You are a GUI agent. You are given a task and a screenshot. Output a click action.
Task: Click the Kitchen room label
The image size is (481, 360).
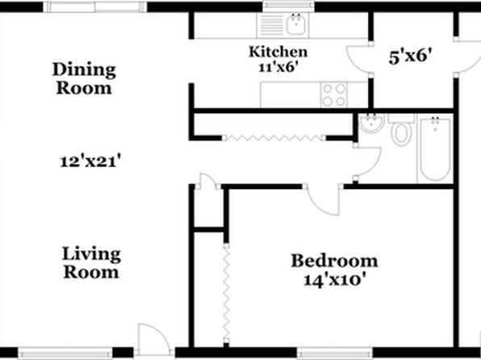pos(278,52)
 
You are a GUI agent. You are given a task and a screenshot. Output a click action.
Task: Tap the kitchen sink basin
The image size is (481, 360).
pos(296,24)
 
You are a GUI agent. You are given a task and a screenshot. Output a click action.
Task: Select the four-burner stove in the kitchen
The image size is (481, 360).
pos(334,94)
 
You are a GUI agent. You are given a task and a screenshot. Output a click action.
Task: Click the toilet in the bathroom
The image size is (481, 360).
pos(402,130)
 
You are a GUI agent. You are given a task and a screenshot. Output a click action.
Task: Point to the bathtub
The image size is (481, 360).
pos(435,149)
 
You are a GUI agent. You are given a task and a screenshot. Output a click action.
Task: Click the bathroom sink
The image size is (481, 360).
pos(371,123)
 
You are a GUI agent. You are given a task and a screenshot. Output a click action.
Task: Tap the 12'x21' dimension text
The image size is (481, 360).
pos(89,161)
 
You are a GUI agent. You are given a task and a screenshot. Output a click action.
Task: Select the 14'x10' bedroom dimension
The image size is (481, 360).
pos(335,280)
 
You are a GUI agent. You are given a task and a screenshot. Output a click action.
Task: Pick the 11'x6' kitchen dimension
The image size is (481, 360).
pos(278,67)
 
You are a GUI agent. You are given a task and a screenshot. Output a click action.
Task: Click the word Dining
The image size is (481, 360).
pos(84,69)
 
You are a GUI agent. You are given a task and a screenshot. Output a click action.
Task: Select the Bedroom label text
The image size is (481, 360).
pos(334,261)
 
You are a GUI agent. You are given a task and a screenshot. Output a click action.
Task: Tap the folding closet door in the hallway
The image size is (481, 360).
pos(274,138)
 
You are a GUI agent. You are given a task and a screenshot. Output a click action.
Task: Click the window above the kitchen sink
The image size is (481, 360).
pos(289,5)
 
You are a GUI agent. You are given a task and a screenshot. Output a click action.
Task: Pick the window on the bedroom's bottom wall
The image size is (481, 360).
pos(335,353)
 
